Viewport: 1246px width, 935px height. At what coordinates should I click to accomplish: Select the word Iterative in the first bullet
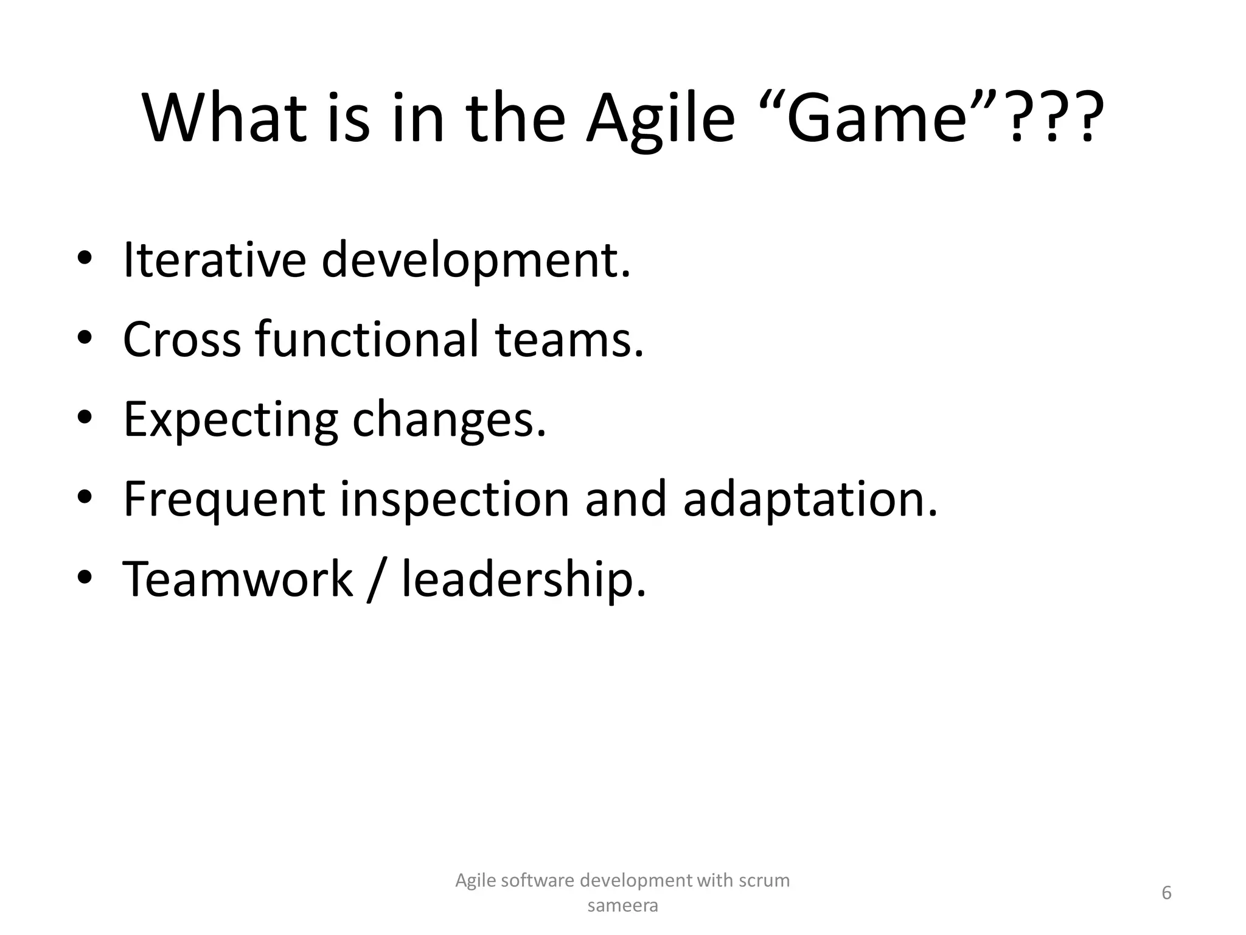click(x=214, y=260)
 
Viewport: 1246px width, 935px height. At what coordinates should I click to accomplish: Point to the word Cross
click(x=181, y=340)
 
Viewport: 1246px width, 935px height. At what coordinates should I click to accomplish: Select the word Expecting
click(x=230, y=420)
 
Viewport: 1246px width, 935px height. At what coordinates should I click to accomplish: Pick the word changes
click(x=448, y=420)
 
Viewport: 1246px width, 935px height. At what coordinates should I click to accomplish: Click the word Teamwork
click(x=237, y=579)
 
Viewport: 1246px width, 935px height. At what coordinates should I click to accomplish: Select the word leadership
click(x=523, y=580)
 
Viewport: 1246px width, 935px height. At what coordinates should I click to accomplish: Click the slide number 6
click(x=1166, y=893)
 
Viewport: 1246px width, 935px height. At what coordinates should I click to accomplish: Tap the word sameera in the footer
click(x=622, y=906)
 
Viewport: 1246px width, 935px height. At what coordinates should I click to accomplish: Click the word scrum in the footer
click(x=764, y=880)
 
